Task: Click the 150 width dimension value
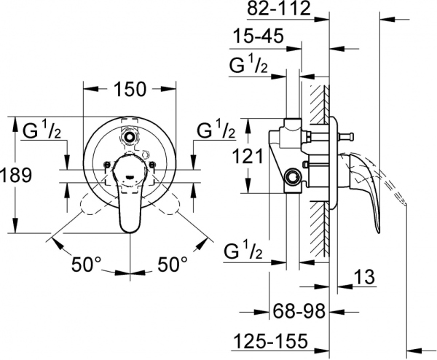[131, 89]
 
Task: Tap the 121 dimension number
[248, 155]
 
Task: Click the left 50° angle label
[87, 263]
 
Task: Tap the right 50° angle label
[173, 263]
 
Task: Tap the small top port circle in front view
[131, 136]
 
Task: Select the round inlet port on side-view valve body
[294, 177]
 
